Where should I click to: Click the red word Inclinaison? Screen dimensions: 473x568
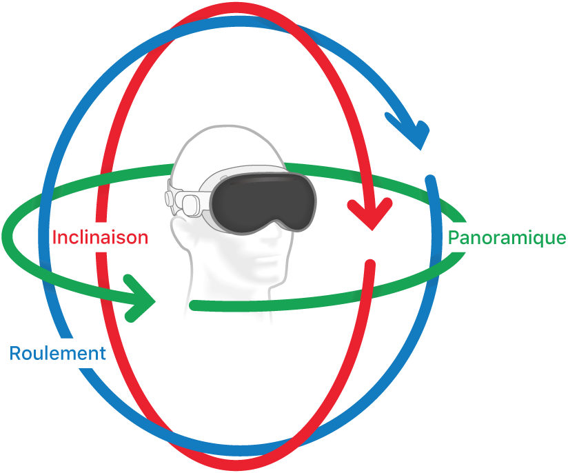(101, 238)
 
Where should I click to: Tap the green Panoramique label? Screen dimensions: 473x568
(507, 238)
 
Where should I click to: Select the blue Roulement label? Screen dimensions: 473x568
(57, 354)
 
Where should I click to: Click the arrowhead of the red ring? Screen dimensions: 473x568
(371, 215)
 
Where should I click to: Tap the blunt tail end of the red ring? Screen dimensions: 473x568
(370, 264)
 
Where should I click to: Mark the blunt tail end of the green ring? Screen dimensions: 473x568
(194, 305)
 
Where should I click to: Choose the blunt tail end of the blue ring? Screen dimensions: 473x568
(431, 181)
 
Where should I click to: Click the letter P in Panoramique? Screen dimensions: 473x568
(454, 238)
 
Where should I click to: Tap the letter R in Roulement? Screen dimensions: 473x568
(15, 354)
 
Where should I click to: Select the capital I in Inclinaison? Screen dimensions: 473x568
(55, 238)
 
